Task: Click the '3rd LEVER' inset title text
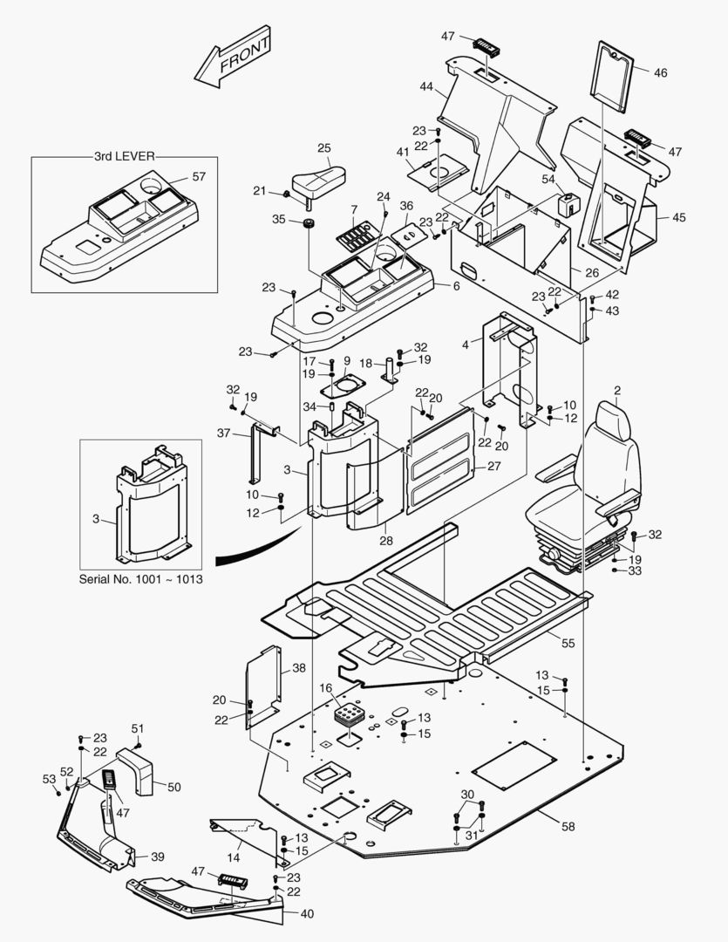click(x=124, y=157)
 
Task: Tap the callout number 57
click(x=199, y=177)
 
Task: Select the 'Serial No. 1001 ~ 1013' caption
click(x=141, y=579)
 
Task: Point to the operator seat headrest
click(x=612, y=421)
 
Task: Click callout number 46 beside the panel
click(x=660, y=73)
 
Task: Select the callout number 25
click(x=323, y=148)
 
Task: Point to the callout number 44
click(x=426, y=87)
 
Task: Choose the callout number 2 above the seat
click(x=617, y=390)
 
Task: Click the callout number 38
click(x=299, y=667)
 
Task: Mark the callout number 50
click(x=174, y=787)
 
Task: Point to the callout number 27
click(x=493, y=466)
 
